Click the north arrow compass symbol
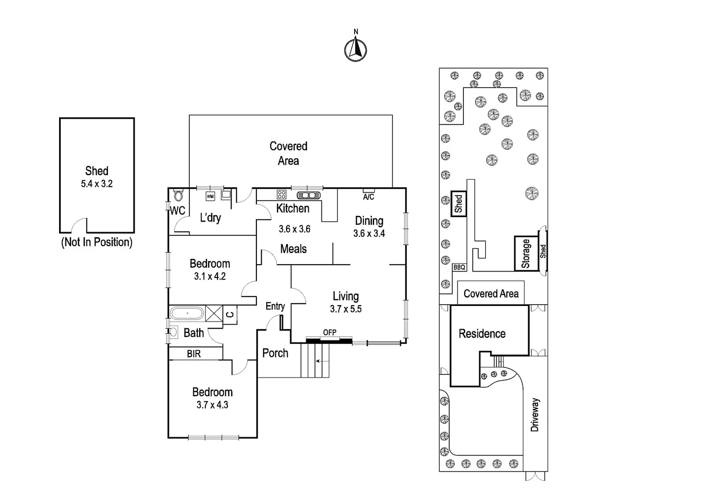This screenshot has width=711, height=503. point(355,49)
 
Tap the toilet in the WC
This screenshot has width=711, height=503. point(178,195)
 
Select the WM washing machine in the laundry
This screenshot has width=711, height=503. point(210,197)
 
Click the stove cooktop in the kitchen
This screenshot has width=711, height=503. point(281,194)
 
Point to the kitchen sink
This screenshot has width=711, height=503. point(309,195)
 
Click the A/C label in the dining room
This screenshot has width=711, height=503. point(369,197)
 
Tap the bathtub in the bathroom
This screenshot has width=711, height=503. point(187,313)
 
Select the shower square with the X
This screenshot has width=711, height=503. point(214,313)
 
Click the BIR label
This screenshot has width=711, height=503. point(194,353)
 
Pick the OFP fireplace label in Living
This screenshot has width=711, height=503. point(329,333)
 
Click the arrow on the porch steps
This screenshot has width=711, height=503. point(322,361)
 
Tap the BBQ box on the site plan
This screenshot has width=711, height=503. point(459,267)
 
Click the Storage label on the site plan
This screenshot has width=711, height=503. point(526,253)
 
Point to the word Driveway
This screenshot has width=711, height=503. point(535,415)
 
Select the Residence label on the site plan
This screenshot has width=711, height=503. point(482,333)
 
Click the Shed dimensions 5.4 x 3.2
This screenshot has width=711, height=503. point(97,184)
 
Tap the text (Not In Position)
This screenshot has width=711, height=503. point(97,242)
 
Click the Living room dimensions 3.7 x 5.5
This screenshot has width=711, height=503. point(346,309)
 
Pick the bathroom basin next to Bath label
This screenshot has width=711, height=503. point(173,332)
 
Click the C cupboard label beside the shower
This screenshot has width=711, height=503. point(230,314)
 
